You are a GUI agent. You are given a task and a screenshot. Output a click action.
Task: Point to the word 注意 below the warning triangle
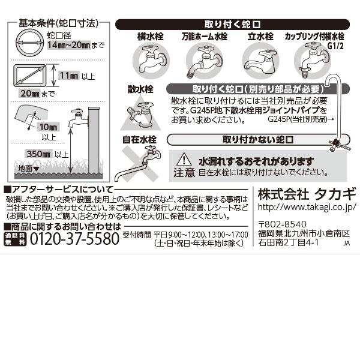[184, 173]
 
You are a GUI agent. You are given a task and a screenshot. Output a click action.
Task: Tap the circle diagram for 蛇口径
[29, 46]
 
